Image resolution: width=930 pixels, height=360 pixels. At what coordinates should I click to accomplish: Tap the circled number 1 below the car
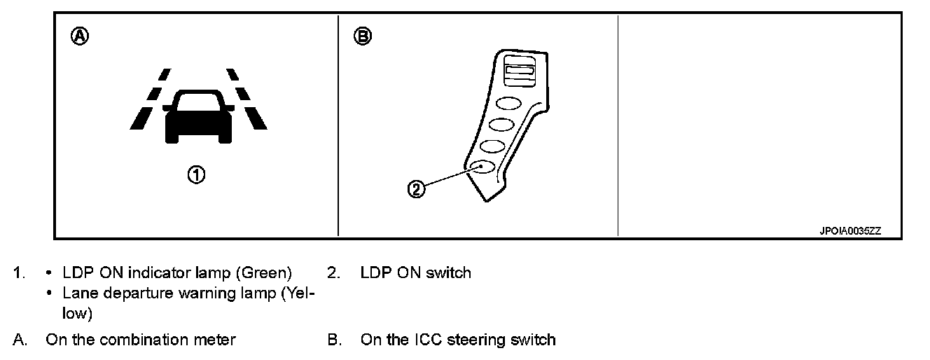197,174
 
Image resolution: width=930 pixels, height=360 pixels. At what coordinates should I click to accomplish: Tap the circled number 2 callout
416,188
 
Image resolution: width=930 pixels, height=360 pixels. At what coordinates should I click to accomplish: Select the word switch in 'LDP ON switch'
450,272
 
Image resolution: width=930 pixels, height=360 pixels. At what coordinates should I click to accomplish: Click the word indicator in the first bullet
157,272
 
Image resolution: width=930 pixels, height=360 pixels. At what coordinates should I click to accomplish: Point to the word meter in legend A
216,340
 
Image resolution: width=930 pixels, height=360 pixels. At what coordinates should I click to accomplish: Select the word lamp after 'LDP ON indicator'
203,272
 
